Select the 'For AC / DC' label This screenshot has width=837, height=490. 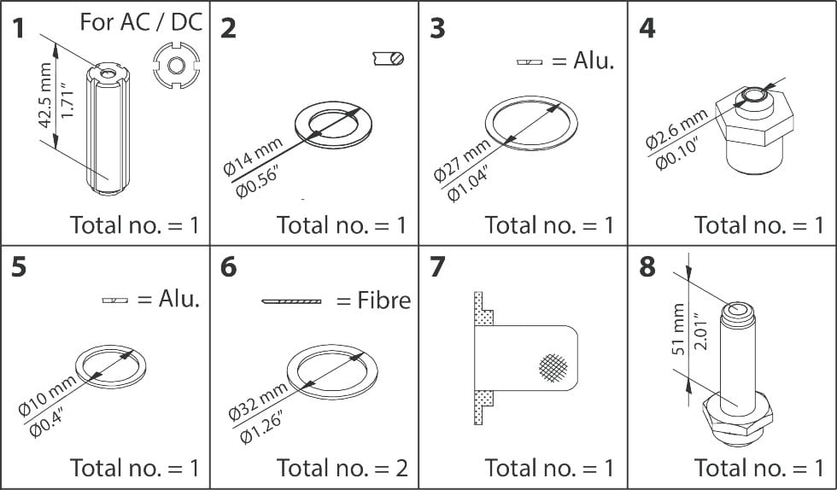point(142,21)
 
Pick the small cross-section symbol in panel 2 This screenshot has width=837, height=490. point(389,58)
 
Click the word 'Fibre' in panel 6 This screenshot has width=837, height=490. point(383,300)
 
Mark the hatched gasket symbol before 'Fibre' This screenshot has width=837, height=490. point(291,301)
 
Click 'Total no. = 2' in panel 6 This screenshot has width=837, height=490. point(342,467)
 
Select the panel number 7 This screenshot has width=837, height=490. point(437,267)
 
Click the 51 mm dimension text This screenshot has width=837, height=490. point(680,329)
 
